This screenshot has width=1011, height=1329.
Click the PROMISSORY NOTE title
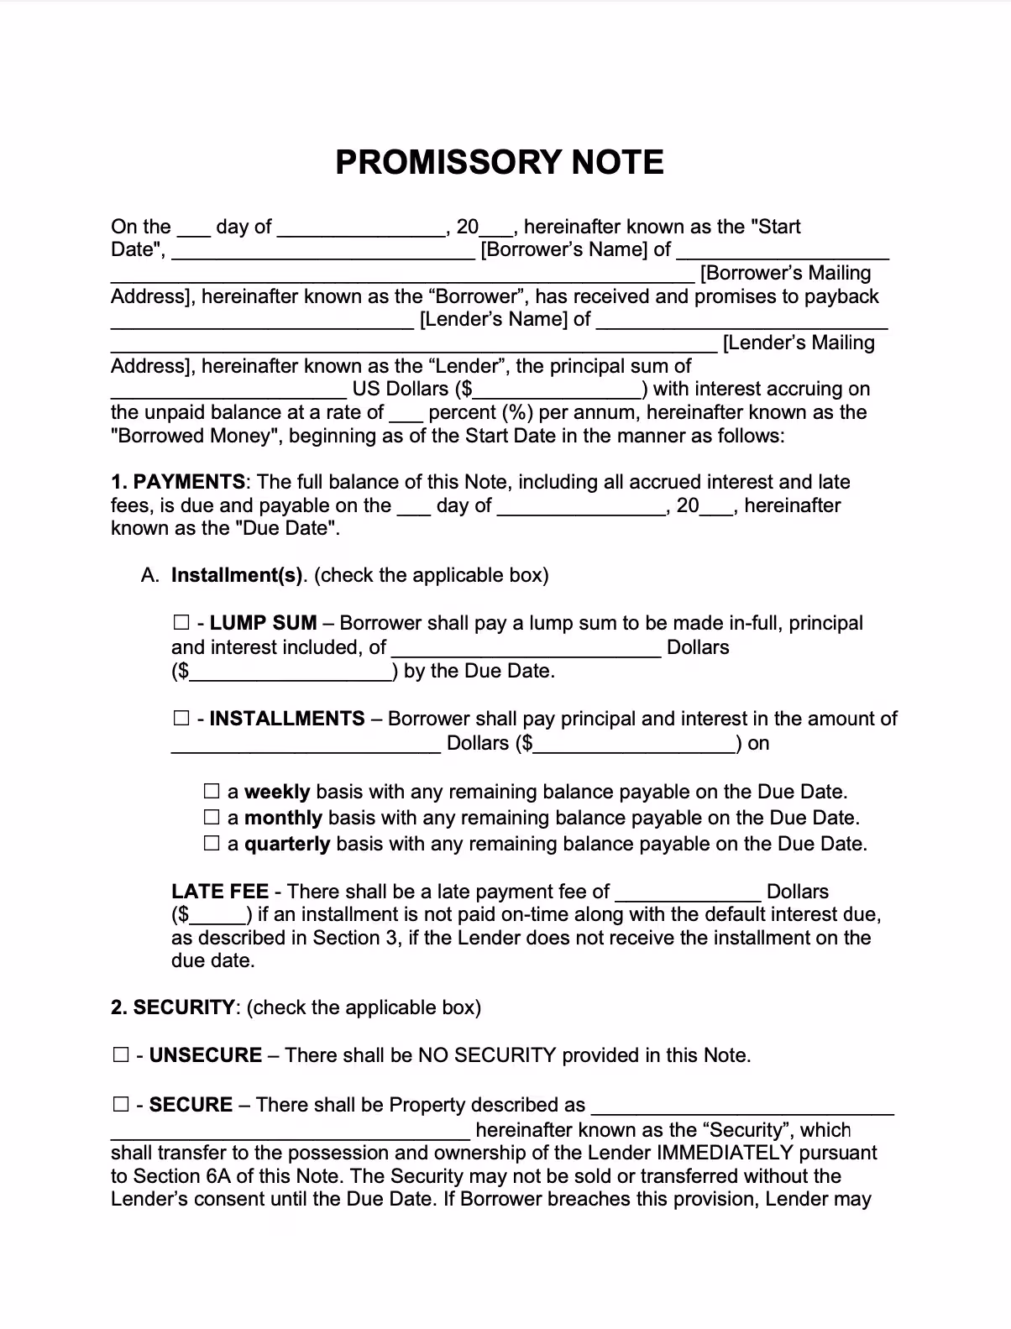500,162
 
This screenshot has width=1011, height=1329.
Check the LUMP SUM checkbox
181,623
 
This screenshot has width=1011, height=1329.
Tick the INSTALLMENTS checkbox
181,719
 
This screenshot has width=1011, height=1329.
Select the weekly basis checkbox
212,792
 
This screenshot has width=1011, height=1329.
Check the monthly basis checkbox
212,818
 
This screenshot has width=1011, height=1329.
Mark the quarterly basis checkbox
212,844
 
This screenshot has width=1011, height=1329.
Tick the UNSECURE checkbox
121,1055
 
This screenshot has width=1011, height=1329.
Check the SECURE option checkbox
121,1105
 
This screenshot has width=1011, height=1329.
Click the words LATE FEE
220,892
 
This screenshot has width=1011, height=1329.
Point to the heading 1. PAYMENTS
178,482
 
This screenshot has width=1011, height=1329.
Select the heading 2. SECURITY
173,1007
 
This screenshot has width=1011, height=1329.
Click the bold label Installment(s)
238,575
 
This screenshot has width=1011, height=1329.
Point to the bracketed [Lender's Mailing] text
799,343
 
